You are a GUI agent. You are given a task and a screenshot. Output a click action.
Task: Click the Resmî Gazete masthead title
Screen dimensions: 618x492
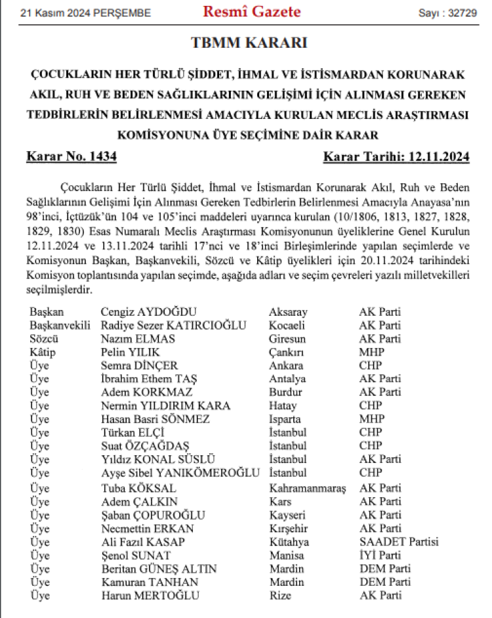click(x=252, y=12)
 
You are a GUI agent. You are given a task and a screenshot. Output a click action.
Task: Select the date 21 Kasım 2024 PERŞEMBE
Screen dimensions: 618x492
click(x=85, y=13)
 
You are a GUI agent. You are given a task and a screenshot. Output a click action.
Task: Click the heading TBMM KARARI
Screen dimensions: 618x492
click(x=249, y=43)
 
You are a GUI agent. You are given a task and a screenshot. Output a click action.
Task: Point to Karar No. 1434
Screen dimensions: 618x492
click(x=72, y=156)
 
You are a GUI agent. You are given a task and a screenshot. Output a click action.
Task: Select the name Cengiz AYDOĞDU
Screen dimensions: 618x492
click(x=149, y=312)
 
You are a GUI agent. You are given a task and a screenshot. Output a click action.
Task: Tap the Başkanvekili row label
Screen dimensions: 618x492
click(x=60, y=325)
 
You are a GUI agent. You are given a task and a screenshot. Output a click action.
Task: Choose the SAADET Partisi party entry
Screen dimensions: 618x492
click(x=399, y=542)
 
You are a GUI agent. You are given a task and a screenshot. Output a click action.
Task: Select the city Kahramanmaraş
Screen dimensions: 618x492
click(x=307, y=488)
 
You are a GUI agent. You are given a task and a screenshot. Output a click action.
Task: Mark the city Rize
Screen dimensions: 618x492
click(x=280, y=596)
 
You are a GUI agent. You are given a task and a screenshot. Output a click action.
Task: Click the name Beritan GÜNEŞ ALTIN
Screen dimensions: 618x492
click(x=159, y=569)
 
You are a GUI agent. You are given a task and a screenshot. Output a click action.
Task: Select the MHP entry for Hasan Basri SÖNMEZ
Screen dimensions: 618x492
click(x=371, y=419)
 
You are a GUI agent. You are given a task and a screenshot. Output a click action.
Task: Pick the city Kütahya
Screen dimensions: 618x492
click(x=289, y=542)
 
